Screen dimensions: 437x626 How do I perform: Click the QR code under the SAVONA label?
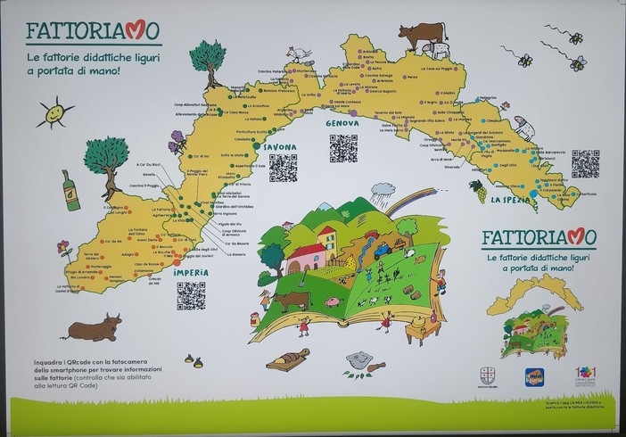pyautogui.click(x=283, y=168)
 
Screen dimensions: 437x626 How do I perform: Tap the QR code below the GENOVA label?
pyautogui.click(x=342, y=148)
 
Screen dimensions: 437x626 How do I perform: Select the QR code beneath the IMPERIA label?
pyautogui.click(x=191, y=295)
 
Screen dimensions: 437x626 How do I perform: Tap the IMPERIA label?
pyautogui.click(x=191, y=271)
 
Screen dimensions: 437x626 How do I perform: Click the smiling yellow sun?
pyautogui.click(x=54, y=113)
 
